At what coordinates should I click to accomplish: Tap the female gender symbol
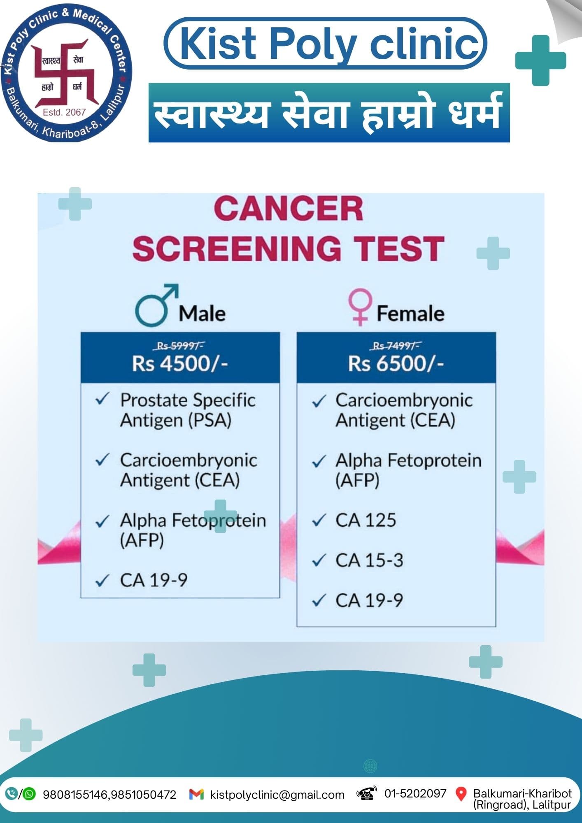pos(360,307)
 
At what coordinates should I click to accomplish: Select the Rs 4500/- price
pos(180,363)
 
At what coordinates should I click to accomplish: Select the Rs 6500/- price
pos(396,363)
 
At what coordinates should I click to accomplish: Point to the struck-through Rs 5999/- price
pos(180,346)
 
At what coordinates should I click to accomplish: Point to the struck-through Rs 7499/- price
pos(396,346)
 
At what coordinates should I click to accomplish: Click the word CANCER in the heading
pos(288,209)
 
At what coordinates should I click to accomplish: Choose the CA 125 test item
pos(365,520)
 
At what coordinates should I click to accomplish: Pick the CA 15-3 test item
pos(369,560)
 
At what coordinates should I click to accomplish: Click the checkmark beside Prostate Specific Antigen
pos(102,399)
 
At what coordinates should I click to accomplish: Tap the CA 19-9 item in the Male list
pos(154,580)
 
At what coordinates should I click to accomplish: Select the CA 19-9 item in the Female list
pos(369,600)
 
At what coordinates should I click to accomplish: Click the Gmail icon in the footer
pos(196,794)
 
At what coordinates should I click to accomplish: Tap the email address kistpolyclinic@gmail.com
pos(277,795)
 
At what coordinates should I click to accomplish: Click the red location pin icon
pos(461,794)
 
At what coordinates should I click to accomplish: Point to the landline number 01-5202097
pos(415,793)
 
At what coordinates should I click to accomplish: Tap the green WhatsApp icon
pos(30,794)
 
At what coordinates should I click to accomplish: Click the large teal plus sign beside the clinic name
pos(540,60)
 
